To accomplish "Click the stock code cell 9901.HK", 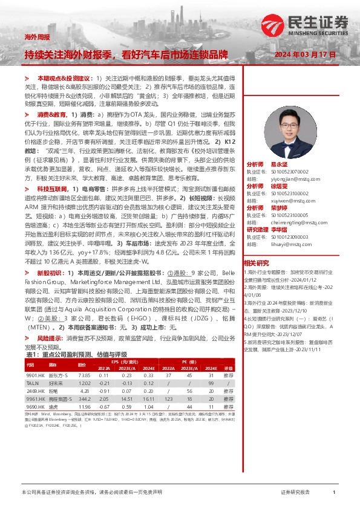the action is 35,375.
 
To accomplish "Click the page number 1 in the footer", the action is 334,493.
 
